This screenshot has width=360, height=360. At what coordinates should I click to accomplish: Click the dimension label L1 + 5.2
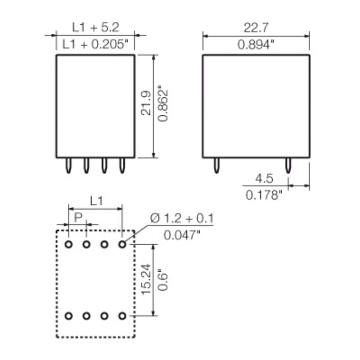tap(95, 27)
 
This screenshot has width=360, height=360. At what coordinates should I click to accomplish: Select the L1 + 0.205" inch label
tap(95, 45)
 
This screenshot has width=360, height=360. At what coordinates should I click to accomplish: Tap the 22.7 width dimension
tap(256, 27)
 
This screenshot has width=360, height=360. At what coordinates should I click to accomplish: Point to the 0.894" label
tap(256, 45)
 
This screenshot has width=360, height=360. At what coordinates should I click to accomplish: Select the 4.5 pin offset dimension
tap(264, 178)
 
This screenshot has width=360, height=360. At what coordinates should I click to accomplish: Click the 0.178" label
tap(264, 195)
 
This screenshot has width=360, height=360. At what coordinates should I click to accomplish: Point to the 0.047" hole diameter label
tap(182, 235)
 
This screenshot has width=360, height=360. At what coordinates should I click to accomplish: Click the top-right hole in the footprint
tap(122, 244)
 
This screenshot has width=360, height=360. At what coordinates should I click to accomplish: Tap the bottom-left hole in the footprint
tap(68, 316)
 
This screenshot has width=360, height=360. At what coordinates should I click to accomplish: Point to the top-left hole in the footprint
tap(68, 244)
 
